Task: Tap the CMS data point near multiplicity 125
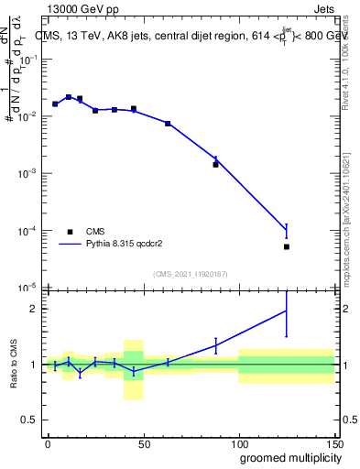287,246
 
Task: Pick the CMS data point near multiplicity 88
215,165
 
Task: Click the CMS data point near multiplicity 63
168,124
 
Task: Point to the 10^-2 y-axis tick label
30,116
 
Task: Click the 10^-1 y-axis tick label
30,60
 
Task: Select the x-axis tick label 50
143,443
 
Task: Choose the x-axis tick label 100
238,443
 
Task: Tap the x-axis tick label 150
333,443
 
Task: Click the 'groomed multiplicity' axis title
286,457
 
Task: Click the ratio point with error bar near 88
215,344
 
